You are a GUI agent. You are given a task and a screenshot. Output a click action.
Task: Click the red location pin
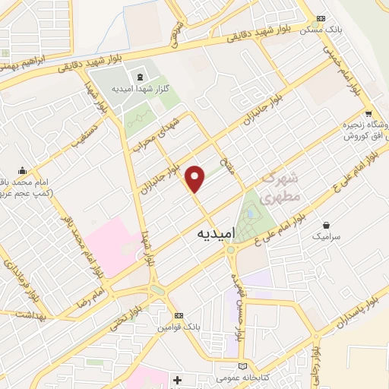(x=196, y=179)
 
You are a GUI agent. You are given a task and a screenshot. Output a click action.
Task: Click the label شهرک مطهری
(x=282, y=186)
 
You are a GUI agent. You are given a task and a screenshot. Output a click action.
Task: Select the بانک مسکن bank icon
(x=321, y=18)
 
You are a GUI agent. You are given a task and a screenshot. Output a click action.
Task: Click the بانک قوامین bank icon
(x=179, y=315)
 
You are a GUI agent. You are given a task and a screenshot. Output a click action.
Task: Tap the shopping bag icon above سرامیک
(x=327, y=225)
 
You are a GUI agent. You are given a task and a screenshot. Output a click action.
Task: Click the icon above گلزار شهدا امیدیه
(x=139, y=77)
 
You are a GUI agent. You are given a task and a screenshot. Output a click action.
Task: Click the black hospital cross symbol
(x=178, y=379)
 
